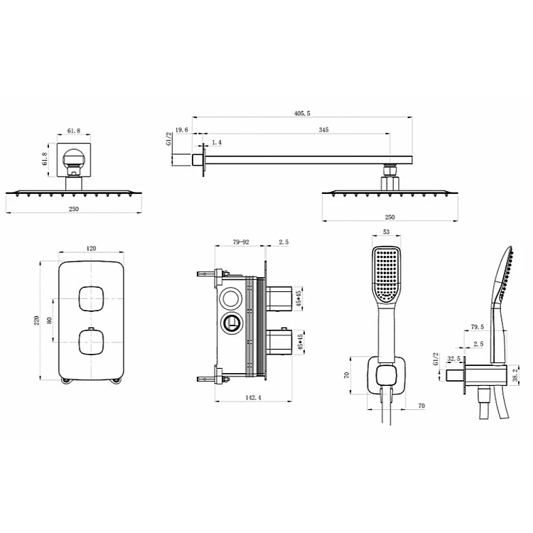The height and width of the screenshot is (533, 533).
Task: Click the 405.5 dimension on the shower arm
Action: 302,113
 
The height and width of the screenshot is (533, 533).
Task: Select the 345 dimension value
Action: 323,129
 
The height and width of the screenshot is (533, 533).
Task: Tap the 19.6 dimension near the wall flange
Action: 181,130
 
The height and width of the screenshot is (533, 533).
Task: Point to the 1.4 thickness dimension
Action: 217,142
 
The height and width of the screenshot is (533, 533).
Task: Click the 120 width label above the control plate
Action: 91,249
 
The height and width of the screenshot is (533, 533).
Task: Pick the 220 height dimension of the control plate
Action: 37,321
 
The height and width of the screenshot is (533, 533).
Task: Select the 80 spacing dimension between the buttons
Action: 50,321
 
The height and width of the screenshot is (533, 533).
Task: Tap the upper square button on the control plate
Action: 91,298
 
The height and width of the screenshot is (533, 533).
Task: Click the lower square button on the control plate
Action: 91,342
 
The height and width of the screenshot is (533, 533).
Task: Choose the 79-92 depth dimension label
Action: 241,242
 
